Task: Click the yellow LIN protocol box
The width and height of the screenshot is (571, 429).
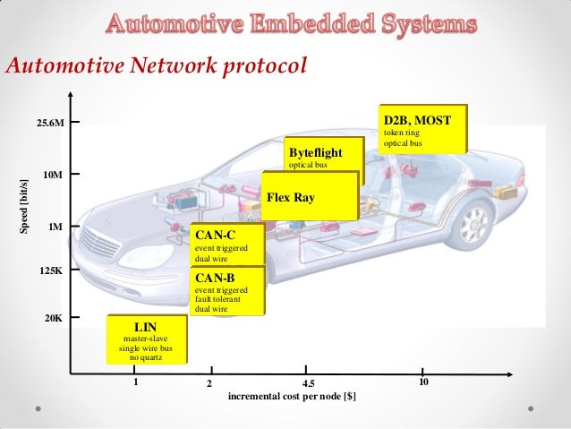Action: [x=147, y=339]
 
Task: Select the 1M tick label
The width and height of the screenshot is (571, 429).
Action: [x=56, y=227]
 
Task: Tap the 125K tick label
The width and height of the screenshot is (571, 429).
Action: [x=52, y=270]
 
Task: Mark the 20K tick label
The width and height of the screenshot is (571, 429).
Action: [x=55, y=318]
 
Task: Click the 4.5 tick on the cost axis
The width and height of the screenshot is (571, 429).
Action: [x=306, y=382]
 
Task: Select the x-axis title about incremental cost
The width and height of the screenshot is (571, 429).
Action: [x=293, y=396]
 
